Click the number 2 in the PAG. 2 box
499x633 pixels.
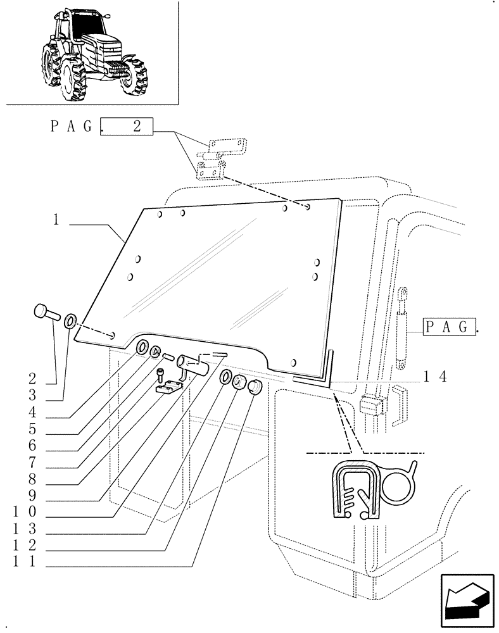tap(136, 127)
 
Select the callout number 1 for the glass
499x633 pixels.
tap(56, 221)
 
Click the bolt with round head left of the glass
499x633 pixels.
tap(44, 312)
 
